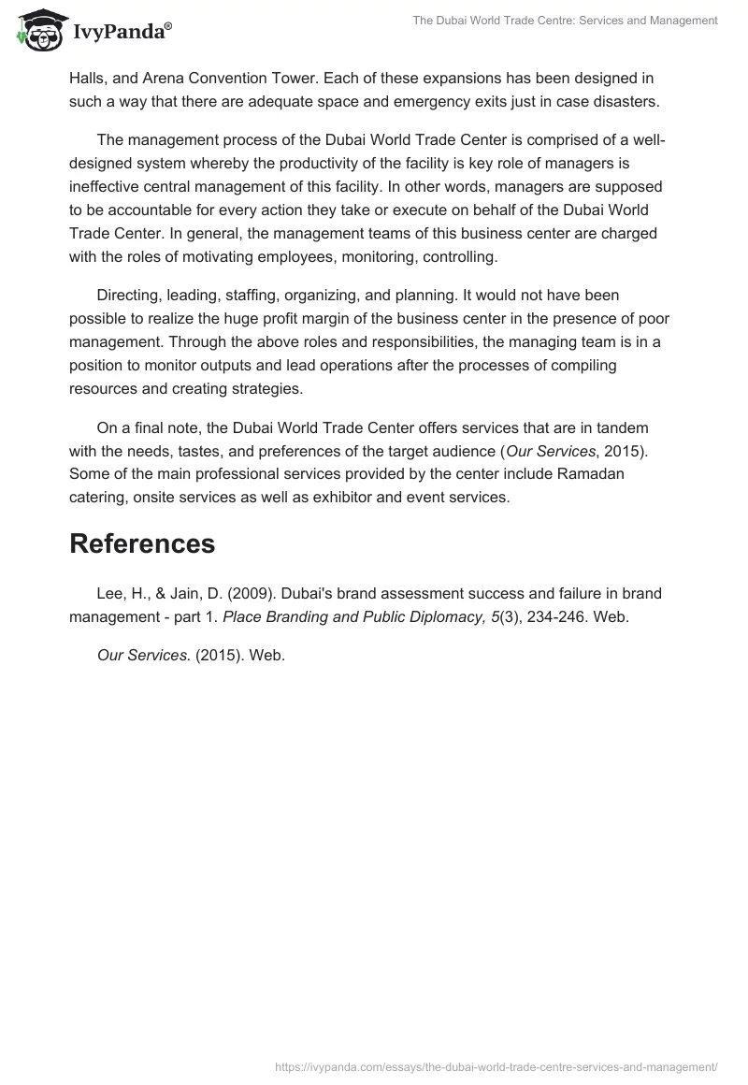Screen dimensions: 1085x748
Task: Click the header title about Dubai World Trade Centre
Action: [x=565, y=20]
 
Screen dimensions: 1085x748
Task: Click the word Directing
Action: [x=128, y=296]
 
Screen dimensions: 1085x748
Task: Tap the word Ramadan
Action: [x=595, y=474]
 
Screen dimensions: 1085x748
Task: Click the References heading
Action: [x=142, y=543]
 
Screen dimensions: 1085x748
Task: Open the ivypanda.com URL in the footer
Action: [x=496, y=1065]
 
